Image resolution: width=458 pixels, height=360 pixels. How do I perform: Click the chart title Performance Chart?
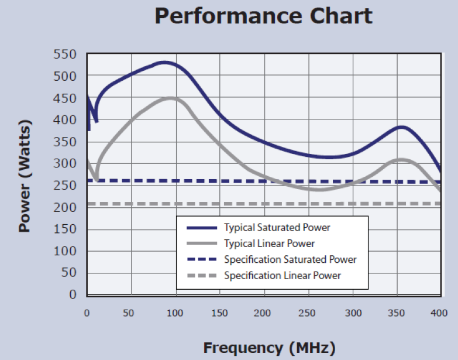[x=263, y=16]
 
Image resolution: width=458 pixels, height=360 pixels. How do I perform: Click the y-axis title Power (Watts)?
[x=25, y=176]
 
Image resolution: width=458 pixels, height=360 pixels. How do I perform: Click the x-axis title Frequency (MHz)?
[x=270, y=348]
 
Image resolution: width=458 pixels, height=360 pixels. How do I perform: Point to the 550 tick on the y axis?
[x=65, y=54]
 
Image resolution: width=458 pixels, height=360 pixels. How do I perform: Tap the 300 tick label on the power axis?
[x=65, y=164]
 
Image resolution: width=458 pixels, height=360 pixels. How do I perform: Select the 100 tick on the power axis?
[x=65, y=251]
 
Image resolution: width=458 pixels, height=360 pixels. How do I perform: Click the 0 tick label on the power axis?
[x=73, y=294]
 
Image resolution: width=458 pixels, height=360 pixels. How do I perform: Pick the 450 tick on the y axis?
[x=65, y=98]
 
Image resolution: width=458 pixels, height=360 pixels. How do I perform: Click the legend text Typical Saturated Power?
[x=277, y=227]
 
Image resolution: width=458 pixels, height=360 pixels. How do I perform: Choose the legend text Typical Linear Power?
[x=270, y=243]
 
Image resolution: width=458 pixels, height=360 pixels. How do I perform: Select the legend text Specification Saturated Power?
[x=290, y=259]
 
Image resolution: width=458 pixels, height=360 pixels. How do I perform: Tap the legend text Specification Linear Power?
[x=283, y=275]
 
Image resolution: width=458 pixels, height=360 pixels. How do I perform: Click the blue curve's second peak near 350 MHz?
[x=401, y=127]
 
